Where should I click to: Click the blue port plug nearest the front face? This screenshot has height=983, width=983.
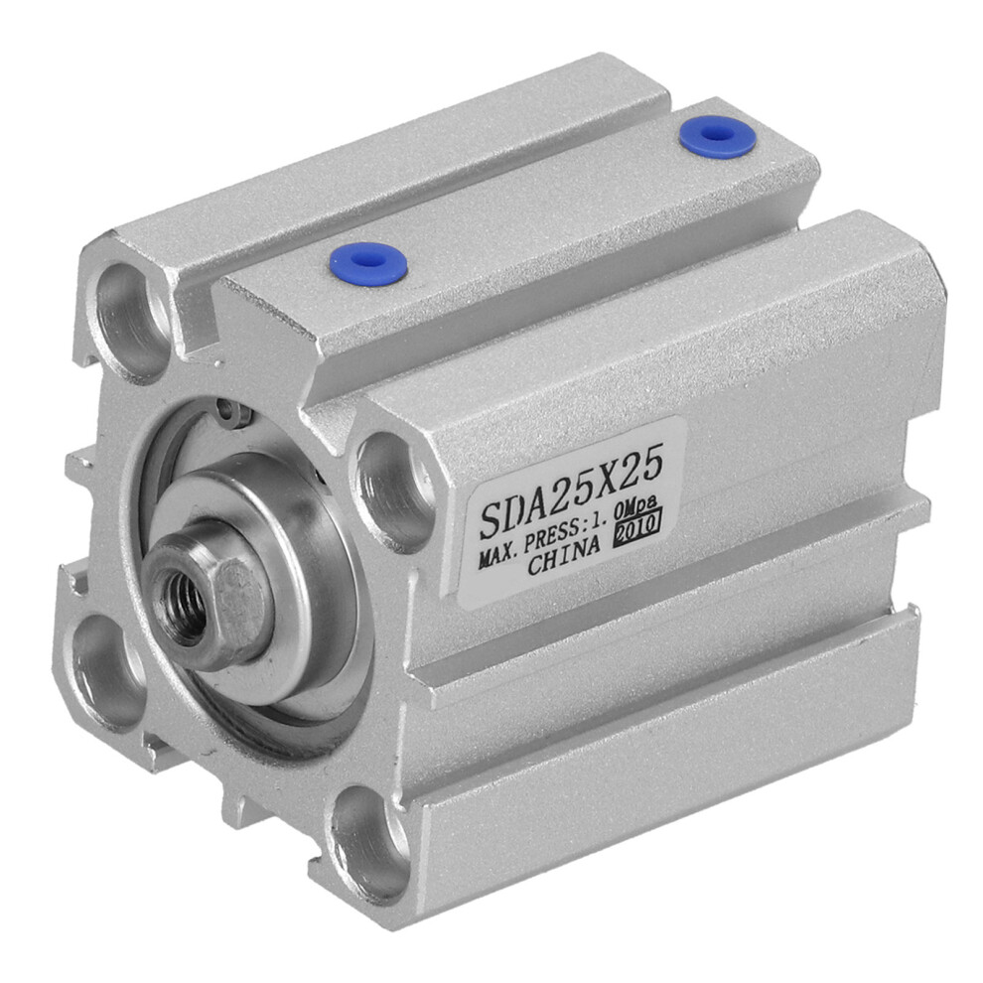tap(368, 261)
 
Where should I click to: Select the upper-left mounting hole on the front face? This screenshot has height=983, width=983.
tap(127, 320)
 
